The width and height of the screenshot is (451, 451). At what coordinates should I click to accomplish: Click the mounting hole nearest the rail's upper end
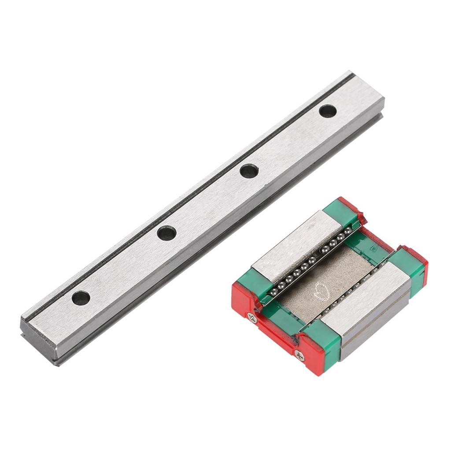328,111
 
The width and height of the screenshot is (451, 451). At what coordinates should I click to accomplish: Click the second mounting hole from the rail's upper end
249,171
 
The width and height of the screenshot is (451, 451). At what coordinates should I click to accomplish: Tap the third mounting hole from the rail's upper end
167,233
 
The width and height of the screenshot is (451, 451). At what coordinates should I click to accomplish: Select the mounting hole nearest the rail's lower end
81,298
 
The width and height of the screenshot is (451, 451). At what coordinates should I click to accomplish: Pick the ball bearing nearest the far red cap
347,231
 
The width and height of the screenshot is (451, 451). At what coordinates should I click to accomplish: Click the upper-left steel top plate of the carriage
295,244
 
